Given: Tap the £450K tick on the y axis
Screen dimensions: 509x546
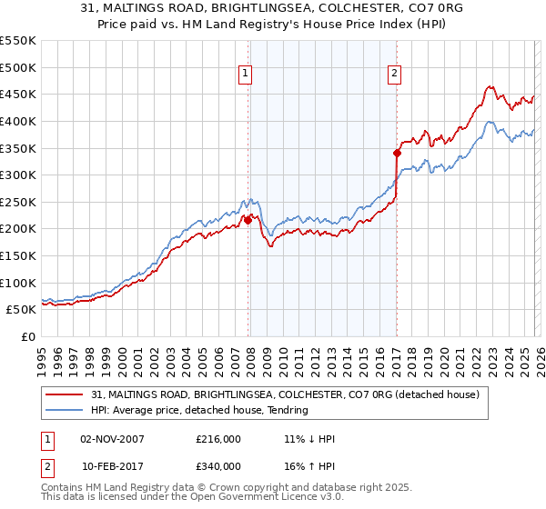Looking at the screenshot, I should (18, 94).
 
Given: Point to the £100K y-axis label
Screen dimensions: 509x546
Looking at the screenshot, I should (18, 283).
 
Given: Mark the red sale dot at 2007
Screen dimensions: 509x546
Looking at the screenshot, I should (248, 220).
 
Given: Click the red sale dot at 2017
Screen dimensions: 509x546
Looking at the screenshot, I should (397, 153).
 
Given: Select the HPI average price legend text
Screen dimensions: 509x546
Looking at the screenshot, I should (200, 410).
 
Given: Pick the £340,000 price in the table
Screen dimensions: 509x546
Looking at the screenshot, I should (217, 465).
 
